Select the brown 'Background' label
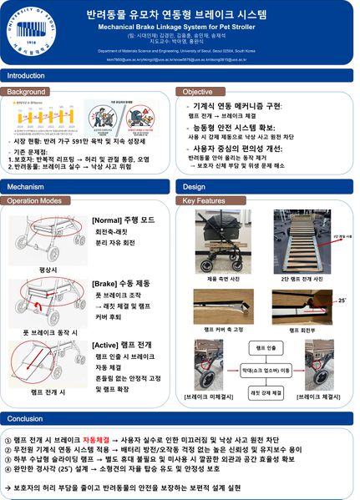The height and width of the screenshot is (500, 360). coord(27,91)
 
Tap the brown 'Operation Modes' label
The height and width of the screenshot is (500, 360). coord(34,201)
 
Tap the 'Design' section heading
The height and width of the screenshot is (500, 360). coord(194,187)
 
